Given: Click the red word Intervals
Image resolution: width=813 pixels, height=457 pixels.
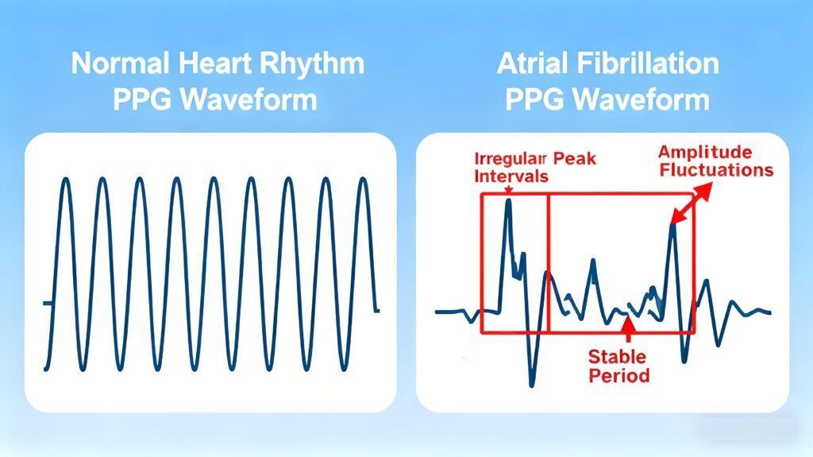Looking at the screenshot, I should (511, 176).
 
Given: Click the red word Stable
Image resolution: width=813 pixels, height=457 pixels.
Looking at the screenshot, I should (617, 357).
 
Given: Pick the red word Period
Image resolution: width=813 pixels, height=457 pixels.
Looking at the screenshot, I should (619, 375).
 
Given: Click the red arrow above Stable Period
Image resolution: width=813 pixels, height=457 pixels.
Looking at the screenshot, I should (627, 327).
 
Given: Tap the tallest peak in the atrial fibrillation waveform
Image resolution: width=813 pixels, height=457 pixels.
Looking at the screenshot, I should (508, 202).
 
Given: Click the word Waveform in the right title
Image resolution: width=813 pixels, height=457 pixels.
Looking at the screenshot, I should (648, 101).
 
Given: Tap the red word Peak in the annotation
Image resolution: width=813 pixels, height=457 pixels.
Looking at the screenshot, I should (576, 159).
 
